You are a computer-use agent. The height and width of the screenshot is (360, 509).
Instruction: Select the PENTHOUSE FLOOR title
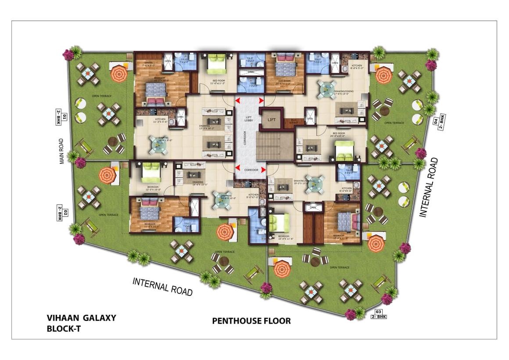pyautogui.click(x=251, y=321)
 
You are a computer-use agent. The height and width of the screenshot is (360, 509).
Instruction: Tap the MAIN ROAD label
pyautogui.click(x=62, y=151)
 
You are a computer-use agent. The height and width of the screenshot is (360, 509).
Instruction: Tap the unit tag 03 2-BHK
pyautogui.click(x=379, y=314)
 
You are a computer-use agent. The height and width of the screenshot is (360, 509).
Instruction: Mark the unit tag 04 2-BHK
pyautogui.click(x=439, y=120)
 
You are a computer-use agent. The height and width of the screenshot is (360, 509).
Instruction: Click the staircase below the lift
pyautogui.click(x=274, y=147)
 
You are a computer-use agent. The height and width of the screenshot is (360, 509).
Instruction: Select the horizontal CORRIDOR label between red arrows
pyautogui.click(x=250, y=169)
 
